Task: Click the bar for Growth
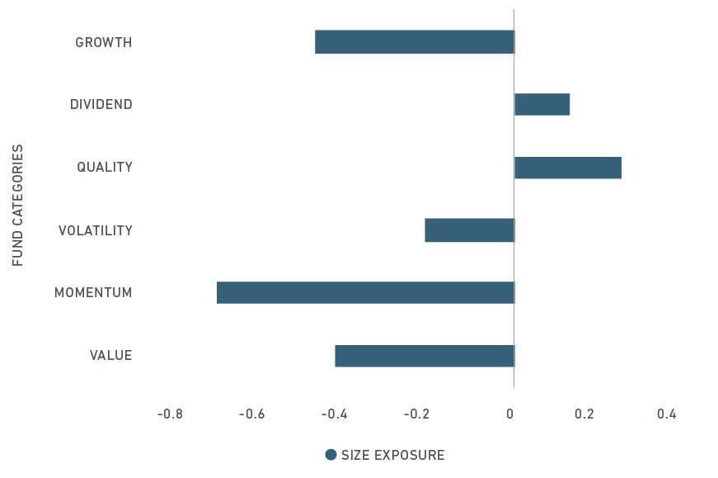tap(415, 42)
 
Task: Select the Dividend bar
tap(542, 104)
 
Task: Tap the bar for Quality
tap(568, 168)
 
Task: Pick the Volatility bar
tap(470, 230)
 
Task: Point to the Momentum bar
tap(366, 293)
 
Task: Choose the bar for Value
tap(425, 356)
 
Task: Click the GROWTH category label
tap(104, 42)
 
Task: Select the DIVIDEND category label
tap(101, 105)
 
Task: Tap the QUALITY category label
tap(105, 167)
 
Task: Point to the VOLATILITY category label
tap(96, 230)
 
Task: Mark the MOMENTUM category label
tap(93, 293)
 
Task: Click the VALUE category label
tap(110, 356)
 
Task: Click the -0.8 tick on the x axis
tap(170, 414)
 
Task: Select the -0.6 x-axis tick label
tap(252, 414)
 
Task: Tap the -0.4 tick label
tap(335, 414)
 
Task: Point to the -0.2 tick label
tap(416, 414)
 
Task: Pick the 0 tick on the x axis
tap(509, 414)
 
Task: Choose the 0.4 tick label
tap(667, 414)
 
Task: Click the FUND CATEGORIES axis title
tap(18, 205)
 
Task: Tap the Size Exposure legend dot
tap(331, 455)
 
